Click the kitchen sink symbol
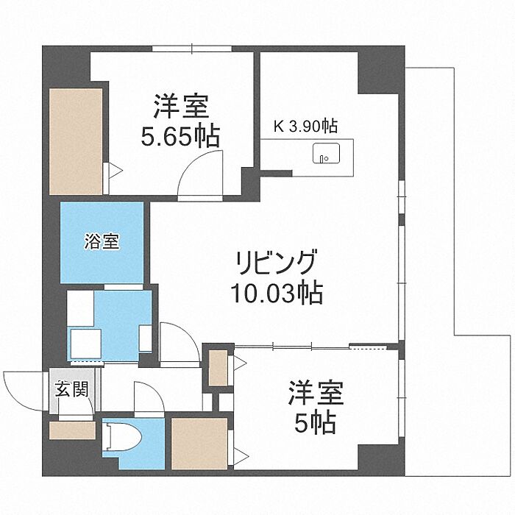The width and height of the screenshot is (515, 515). tap(326, 153)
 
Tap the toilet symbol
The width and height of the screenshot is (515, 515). tap(121, 437)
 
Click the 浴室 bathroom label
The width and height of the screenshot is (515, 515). tap(102, 241)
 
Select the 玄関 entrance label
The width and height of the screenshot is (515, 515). tap(71, 388)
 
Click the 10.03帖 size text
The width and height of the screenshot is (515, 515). tap(277, 293)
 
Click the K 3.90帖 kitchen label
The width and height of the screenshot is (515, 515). tap(305, 126)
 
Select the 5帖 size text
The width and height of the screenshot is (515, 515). tap(315, 423)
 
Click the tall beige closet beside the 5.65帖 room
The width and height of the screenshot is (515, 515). tap(76, 141)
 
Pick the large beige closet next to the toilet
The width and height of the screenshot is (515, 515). tap(199, 444)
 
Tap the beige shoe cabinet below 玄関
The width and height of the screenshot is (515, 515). tap(73, 430)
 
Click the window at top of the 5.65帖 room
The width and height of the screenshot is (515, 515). tap(192, 49)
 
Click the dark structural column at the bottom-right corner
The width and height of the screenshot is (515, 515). tap(381, 461)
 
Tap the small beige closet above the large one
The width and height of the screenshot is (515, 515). tap(219, 368)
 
